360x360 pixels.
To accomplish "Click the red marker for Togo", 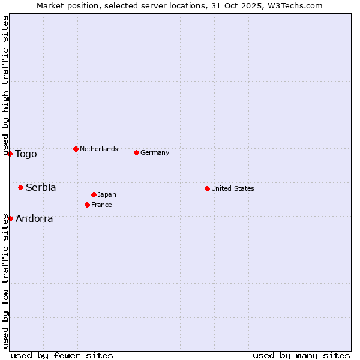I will point(10,154).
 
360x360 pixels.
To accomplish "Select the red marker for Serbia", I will point(20,187).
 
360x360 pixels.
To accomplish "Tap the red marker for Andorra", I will point(10,218).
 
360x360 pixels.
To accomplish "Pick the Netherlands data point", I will point(76,149).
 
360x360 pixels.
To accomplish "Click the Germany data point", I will point(136,152).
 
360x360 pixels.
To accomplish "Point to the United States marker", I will point(207,188).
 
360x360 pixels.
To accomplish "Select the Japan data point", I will point(94,194).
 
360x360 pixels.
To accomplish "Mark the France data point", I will point(87,205).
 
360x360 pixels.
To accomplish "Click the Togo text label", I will point(26,154).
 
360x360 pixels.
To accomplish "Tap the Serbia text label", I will point(41,188).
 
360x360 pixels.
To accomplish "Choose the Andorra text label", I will point(34,219).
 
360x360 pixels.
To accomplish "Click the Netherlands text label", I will point(99,149).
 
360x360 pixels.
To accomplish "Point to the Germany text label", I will point(155,152).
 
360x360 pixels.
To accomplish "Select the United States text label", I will point(233,188).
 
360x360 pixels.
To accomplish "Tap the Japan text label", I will point(107,194).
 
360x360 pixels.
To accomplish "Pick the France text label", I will point(101,205).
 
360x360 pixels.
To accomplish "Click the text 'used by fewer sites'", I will point(62,355).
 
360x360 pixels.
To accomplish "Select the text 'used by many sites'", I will point(301,355).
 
